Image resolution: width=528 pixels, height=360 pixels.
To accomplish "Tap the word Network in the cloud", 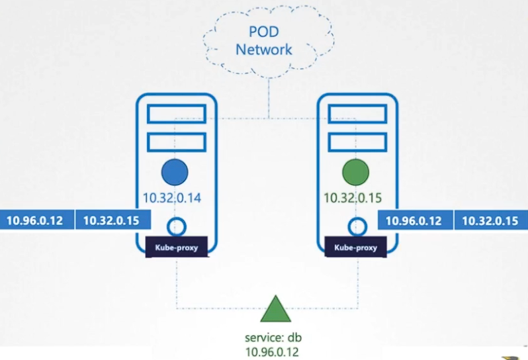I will pyautogui.click(x=264, y=49).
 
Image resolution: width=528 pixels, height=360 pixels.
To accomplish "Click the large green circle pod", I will pyautogui.click(x=357, y=173).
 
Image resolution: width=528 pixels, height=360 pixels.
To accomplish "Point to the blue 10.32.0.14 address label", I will pyautogui.click(x=175, y=197).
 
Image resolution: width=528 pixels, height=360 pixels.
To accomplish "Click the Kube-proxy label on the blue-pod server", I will pyautogui.click(x=176, y=248).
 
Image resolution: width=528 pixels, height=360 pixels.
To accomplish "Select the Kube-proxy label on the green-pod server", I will pyautogui.click(x=357, y=248).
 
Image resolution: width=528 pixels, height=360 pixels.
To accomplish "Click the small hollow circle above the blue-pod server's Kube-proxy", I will pyautogui.click(x=175, y=226).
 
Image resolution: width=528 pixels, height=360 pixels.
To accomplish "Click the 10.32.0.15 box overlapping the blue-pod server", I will pyautogui.click(x=112, y=220).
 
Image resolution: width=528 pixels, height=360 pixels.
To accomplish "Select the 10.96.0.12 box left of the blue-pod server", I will pyautogui.click(x=36, y=220).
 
